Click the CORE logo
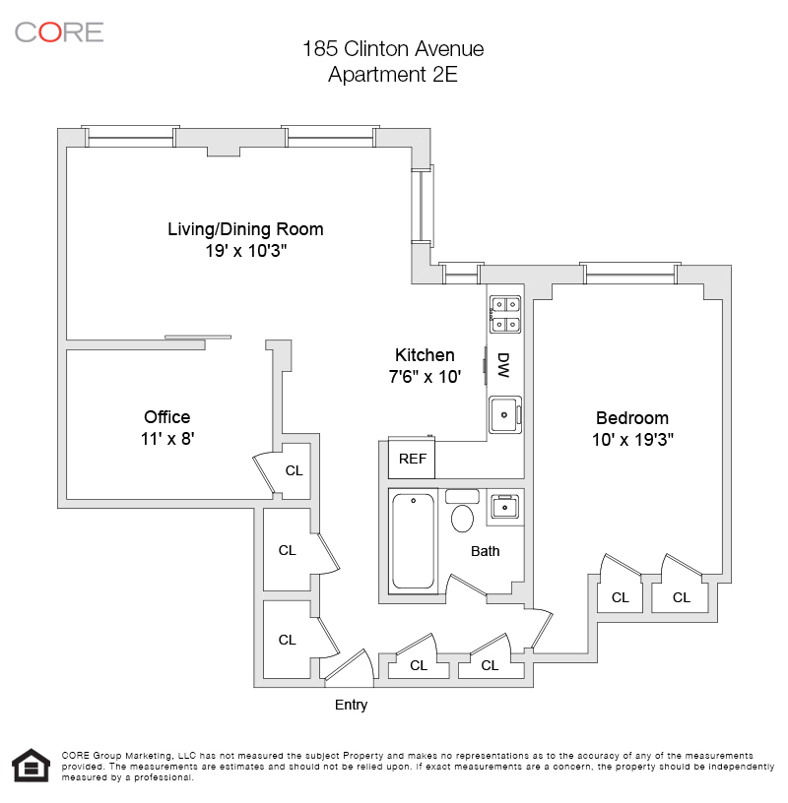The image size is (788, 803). click(x=59, y=31)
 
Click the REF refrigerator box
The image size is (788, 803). click(x=412, y=459)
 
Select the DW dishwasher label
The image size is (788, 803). click(x=503, y=365)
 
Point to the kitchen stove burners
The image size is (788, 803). click(x=505, y=313)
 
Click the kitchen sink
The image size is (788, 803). click(x=505, y=414)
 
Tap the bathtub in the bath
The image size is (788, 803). click(x=414, y=540)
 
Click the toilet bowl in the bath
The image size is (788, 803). click(x=462, y=517)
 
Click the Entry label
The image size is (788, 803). click(x=352, y=705)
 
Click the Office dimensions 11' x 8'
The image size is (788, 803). click(x=167, y=439)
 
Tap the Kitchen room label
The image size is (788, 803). click(x=425, y=355)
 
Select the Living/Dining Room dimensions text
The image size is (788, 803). click(x=245, y=251)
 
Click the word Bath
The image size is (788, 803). click(x=485, y=551)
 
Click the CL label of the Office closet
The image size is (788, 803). click(x=294, y=470)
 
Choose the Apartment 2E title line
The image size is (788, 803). click(x=393, y=74)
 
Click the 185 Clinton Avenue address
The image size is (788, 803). click(x=393, y=48)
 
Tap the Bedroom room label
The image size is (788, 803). click(x=632, y=417)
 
